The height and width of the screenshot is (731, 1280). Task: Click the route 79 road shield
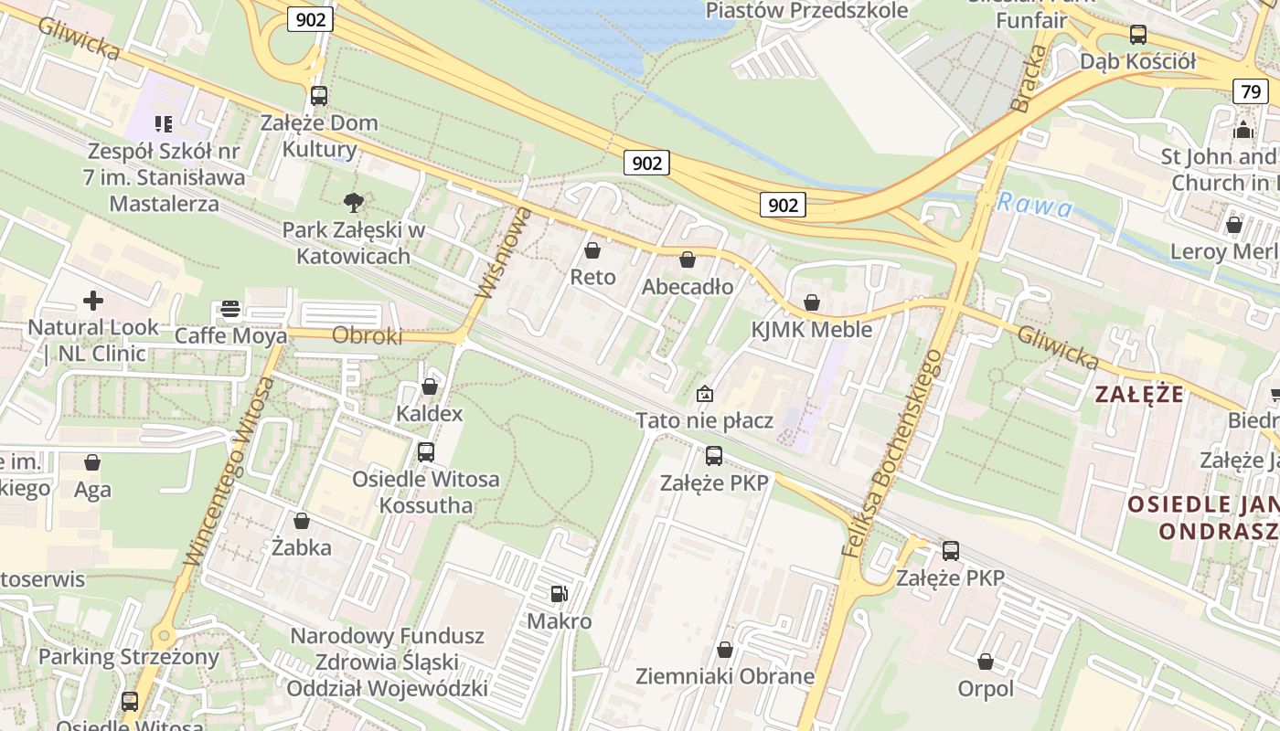(1252, 91)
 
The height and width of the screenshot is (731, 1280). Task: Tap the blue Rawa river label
(1035, 205)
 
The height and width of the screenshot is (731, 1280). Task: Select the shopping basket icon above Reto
(592, 250)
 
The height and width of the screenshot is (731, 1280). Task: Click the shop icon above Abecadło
(688, 260)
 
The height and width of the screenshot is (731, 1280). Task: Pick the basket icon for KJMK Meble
(812, 302)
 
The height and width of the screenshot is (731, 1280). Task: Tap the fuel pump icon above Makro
(559, 594)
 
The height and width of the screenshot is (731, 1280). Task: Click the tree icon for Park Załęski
(352, 202)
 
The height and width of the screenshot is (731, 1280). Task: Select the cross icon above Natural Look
(93, 300)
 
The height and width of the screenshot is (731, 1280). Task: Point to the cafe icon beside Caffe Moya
(229, 309)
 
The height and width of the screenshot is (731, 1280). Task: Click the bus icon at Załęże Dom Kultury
(318, 95)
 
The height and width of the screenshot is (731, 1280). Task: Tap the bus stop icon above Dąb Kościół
(1137, 35)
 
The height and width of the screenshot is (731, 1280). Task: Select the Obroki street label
(367, 336)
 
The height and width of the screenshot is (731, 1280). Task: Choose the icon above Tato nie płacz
(705, 394)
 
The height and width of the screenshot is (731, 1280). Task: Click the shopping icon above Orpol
(986, 662)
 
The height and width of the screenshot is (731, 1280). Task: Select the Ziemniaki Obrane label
(725, 677)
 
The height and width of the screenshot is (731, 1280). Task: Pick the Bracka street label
(1029, 79)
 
